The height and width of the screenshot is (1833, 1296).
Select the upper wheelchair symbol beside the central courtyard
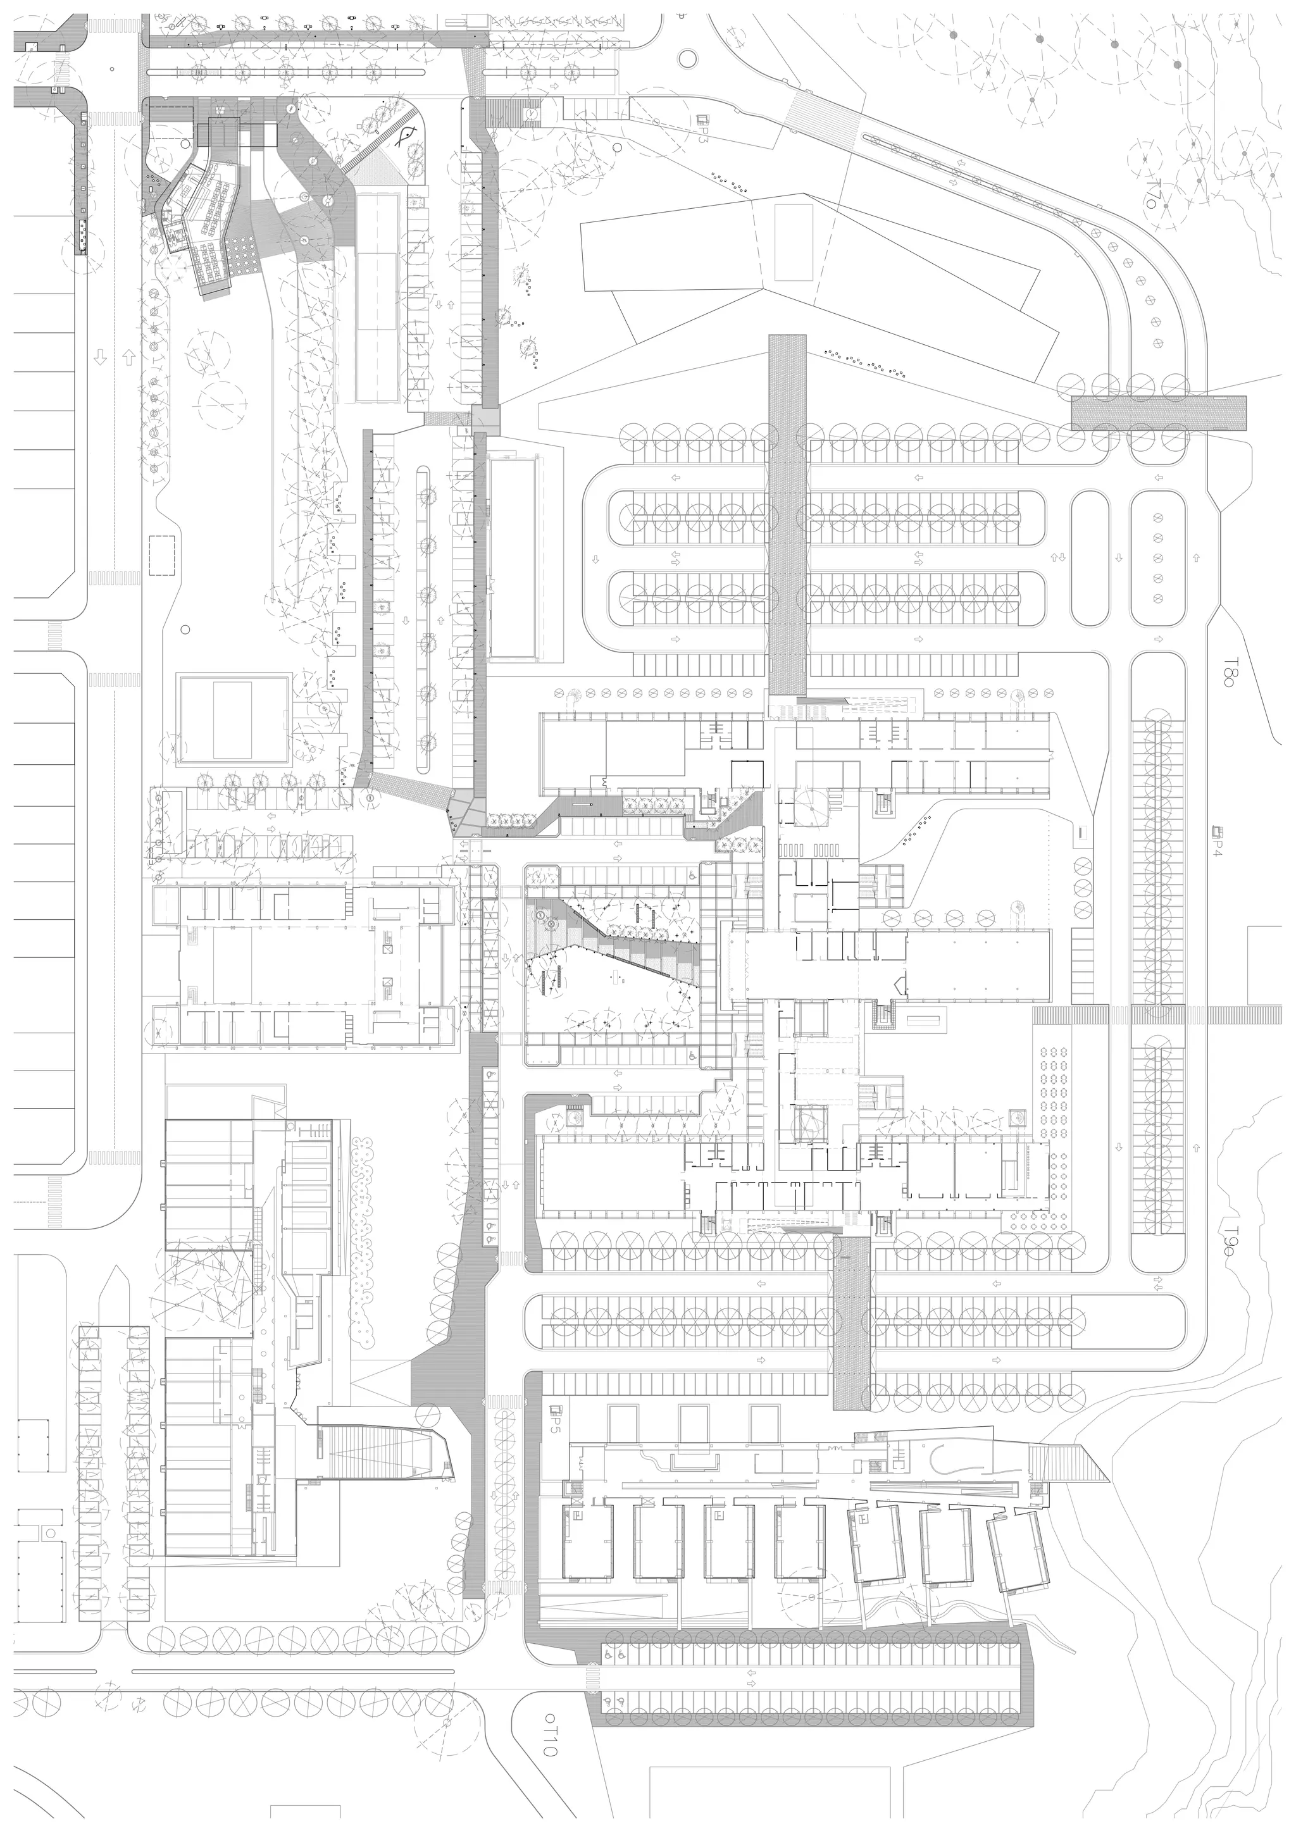coord(692,875)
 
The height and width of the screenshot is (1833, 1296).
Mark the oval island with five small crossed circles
coord(1157,558)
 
